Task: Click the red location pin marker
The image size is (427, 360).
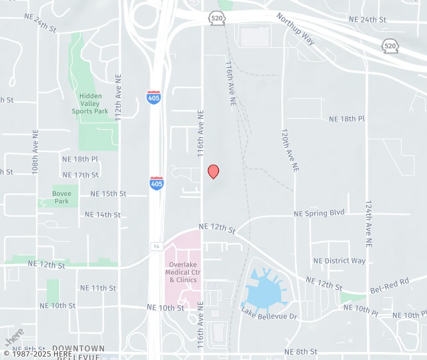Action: coord(213,171)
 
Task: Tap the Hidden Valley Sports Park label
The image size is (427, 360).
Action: coord(90,103)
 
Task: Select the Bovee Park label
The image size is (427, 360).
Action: coord(61,197)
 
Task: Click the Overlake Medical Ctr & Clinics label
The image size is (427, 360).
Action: coord(183,272)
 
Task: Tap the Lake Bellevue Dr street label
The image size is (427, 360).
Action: coord(269,313)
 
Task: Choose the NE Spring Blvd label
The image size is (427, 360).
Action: coord(319,213)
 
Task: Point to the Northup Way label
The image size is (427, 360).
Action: coord(296,27)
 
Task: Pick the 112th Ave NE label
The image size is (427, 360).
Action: coord(118,97)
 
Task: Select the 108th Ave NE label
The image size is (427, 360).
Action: coord(35,152)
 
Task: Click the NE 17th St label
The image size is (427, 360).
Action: coord(80,175)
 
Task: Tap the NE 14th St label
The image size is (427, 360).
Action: coord(103,215)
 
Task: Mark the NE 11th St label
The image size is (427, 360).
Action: coord(98,288)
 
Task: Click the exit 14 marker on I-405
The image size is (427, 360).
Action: coord(155,246)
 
